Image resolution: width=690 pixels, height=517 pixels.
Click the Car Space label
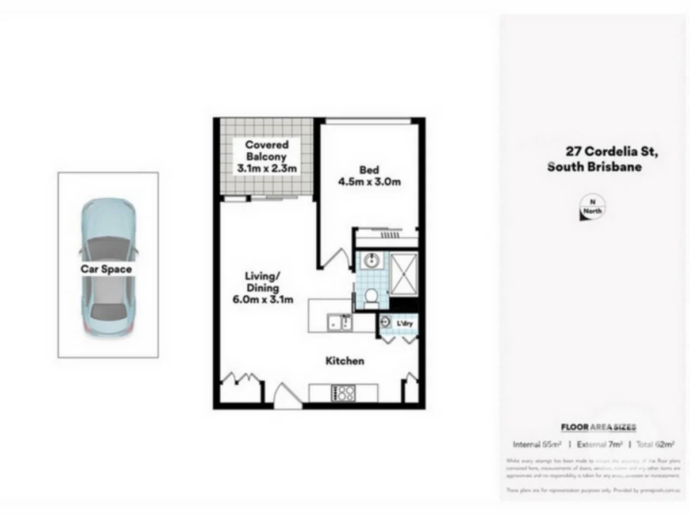click(106, 269)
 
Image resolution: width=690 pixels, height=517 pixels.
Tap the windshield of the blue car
click(108, 247)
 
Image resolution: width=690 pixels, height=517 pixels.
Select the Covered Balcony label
click(267, 151)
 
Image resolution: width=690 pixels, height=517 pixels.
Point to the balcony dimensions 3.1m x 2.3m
click(267, 169)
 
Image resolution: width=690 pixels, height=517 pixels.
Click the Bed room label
click(369, 170)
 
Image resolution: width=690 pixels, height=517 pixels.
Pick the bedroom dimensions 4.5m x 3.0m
click(369, 182)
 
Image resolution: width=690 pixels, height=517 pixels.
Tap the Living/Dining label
click(263, 281)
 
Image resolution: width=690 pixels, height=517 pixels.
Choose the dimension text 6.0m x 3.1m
click(263, 299)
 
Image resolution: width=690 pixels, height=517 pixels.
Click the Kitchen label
click(345, 361)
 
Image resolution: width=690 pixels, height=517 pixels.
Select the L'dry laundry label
click(405, 324)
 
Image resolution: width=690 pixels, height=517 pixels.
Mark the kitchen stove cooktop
click(343, 393)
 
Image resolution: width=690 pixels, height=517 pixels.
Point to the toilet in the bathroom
click(371, 297)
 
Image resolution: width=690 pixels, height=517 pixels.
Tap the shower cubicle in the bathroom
click(405, 273)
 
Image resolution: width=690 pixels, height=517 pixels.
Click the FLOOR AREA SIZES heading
click(598, 427)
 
